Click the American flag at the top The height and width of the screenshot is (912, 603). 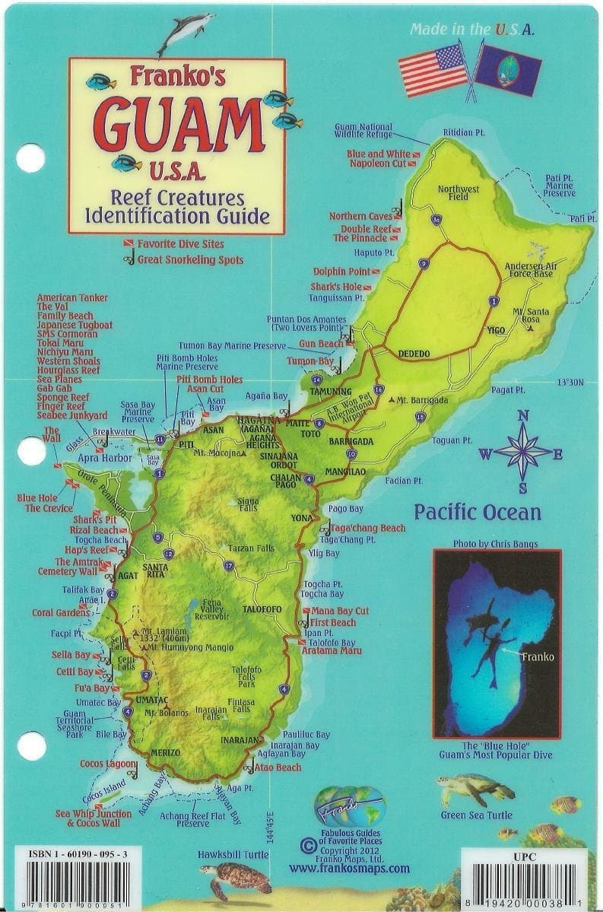[434, 68]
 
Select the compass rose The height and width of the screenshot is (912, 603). [522, 451]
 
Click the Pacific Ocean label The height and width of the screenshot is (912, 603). [478, 512]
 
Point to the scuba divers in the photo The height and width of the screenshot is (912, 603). [488, 638]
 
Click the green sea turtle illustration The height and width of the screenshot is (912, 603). [471, 789]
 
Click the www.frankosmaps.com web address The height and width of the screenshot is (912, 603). [349, 868]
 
